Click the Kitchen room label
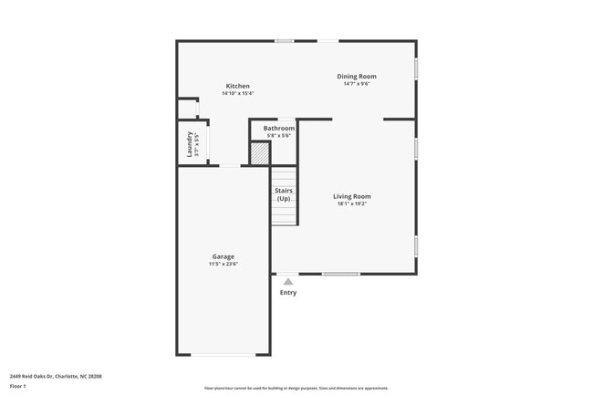coord(237,86)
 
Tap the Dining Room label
coord(357,76)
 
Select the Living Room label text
coord(351,196)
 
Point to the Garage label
coord(224,256)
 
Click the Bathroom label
coord(279,129)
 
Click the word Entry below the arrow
coord(288,293)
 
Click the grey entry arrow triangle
coord(288,282)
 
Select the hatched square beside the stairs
coord(261,153)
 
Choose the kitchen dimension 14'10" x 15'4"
coord(237,93)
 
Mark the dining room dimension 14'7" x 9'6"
coord(357,84)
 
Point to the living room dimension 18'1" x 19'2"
coord(351,203)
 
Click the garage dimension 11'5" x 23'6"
coord(224,264)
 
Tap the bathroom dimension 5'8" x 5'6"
coord(279,136)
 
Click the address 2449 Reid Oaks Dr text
coord(56,375)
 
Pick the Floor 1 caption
coord(18,386)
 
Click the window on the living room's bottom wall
coord(340,274)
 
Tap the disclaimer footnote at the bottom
coord(296,388)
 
